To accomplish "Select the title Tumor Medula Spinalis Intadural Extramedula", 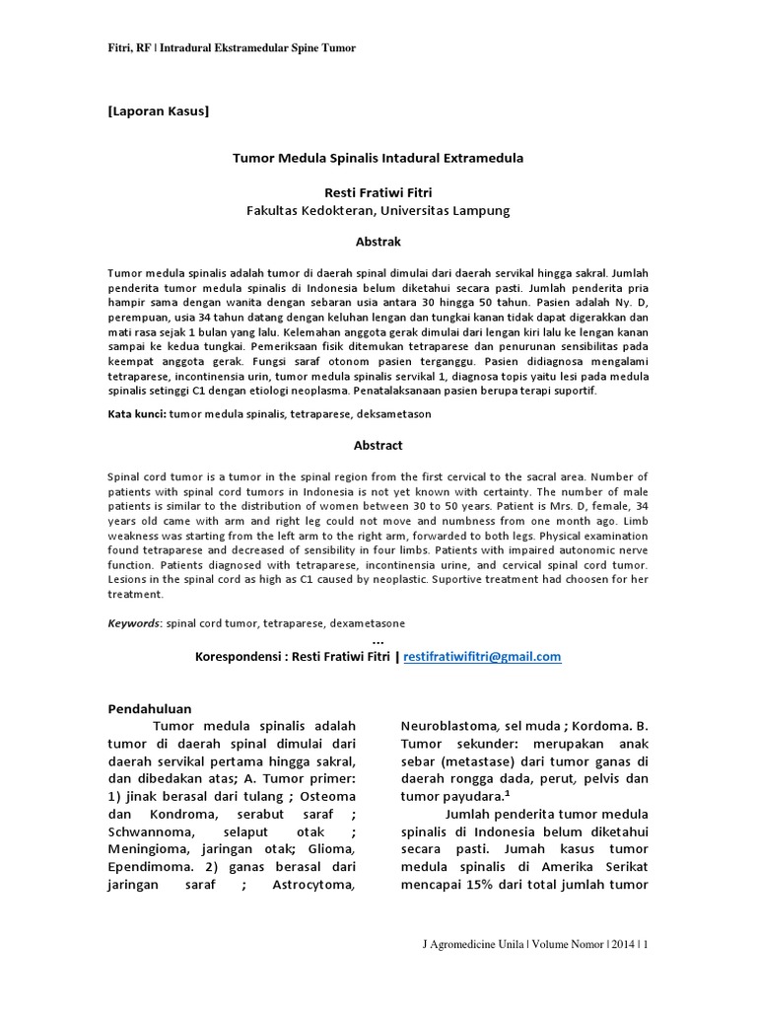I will (378, 158).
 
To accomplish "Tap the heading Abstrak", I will (378, 241).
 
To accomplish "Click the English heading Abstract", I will (378, 446).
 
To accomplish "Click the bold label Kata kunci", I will (136, 414).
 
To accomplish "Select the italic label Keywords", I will (134, 623).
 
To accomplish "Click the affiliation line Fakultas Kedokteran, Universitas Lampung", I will (378, 210).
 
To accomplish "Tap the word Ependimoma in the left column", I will (150, 867).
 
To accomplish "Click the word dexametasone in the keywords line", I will (367, 623).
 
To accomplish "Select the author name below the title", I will (378, 192).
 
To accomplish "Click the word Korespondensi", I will (240, 656).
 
